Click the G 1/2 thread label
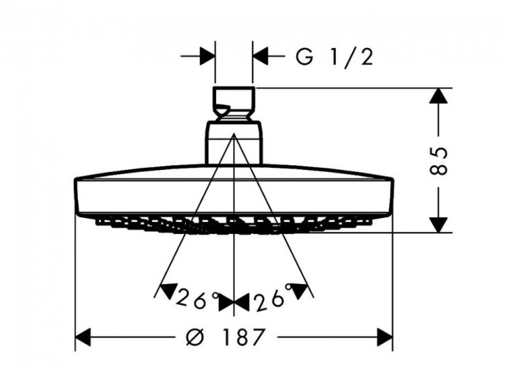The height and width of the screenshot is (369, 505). point(334,57)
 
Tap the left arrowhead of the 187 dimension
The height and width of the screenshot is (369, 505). point(83,336)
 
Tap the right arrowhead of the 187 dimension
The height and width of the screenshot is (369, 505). point(385,336)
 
